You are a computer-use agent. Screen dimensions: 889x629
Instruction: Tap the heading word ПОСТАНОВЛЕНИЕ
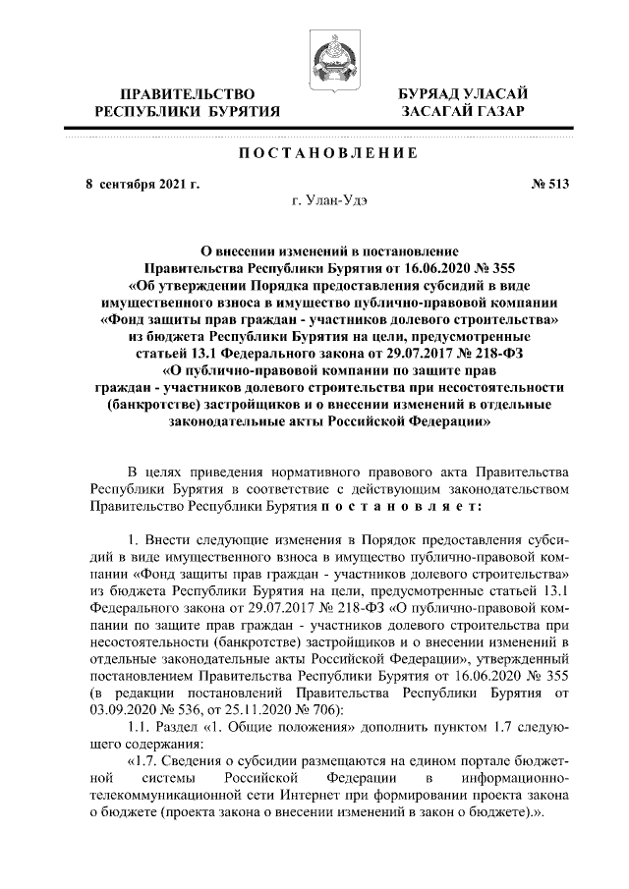tap(314, 154)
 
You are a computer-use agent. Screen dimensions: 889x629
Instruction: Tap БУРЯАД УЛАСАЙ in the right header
tap(461, 91)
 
